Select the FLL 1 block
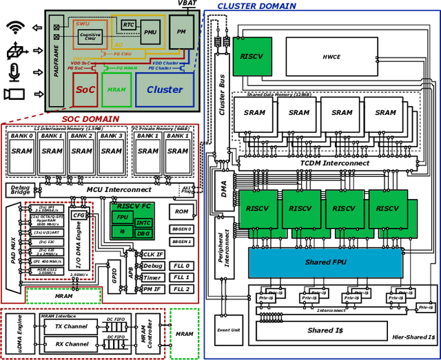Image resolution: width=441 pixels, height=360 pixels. (182, 277)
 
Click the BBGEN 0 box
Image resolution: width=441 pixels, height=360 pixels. (182, 229)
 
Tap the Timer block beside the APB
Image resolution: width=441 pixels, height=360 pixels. (153, 277)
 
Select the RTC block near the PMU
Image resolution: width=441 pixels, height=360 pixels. (129, 25)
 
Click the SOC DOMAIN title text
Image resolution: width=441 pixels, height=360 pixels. (90, 119)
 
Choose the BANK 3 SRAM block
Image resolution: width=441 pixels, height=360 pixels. (112, 151)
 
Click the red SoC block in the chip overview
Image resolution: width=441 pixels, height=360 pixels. (85, 89)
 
